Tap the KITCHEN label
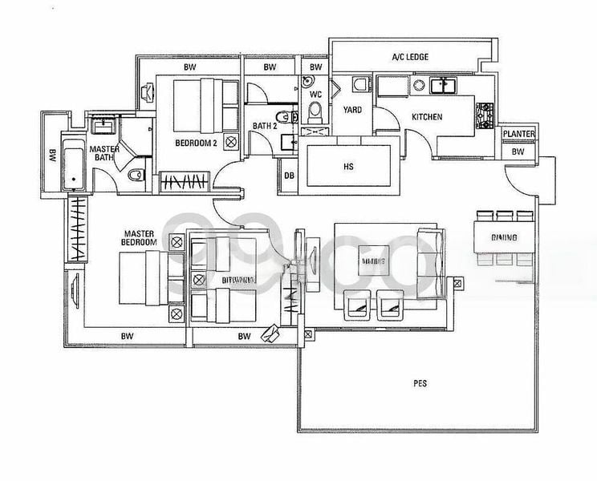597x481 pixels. [427, 117]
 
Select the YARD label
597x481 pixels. [351, 109]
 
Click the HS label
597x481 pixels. [347, 168]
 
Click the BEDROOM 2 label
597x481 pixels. [197, 143]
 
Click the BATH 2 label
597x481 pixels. [265, 126]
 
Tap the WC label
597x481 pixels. [315, 94]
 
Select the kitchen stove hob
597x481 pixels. [485, 115]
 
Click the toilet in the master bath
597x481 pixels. [137, 171]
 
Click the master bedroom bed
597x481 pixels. [144, 277]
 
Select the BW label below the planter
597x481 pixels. [518, 151]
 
